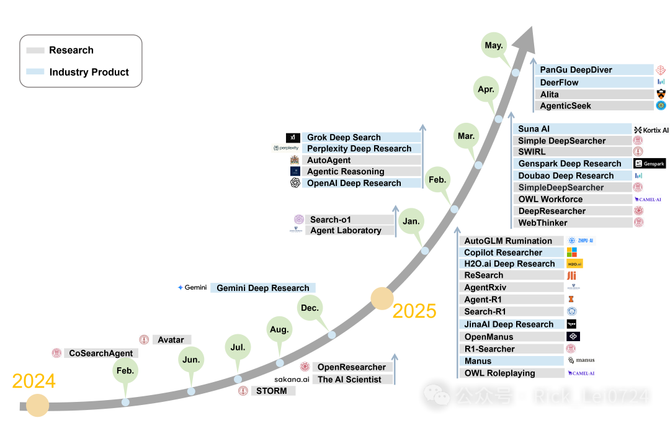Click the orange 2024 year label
coord(34,381)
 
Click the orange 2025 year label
coord(414,310)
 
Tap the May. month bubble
coord(494,45)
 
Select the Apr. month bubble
coord(486,89)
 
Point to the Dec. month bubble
coord(310,308)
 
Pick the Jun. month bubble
coord(191,359)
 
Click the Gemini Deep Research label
coord(263,288)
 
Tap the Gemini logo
coord(192,288)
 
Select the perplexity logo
coord(285,148)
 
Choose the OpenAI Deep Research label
coord(354,183)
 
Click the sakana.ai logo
coord(292,379)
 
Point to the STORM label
coord(272,391)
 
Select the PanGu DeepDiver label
coord(576,70)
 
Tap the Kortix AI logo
coord(651,130)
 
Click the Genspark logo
coord(650,164)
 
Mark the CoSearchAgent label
coord(100,353)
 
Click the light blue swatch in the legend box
coord(35,71)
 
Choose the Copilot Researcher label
coord(503,252)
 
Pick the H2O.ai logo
coord(574,264)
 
